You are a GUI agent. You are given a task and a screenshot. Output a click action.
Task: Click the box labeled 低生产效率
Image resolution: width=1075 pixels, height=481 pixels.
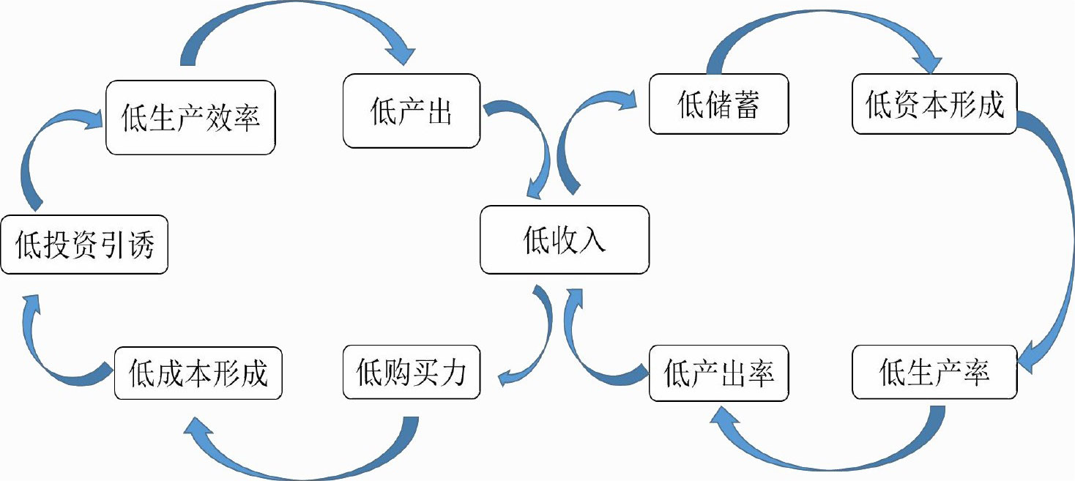(x=190, y=118)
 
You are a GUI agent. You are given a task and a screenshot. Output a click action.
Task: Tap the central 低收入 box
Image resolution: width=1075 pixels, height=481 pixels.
(x=564, y=239)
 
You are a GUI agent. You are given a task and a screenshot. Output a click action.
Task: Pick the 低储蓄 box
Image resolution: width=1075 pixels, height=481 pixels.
(x=718, y=103)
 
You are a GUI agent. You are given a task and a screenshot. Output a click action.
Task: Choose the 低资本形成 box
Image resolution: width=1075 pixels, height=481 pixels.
(x=934, y=103)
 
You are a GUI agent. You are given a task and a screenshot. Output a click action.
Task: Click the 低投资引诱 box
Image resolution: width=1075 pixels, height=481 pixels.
(x=84, y=245)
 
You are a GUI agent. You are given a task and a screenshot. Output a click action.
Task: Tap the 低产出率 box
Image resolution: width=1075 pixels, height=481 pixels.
(x=718, y=373)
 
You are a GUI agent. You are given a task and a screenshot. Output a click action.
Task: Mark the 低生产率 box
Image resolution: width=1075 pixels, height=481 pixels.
(x=934, y=373)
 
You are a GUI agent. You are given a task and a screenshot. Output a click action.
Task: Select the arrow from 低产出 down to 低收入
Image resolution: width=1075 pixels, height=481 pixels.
(x=531, y=146)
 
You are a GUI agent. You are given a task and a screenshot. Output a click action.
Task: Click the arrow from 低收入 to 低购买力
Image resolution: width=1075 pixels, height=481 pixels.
(x=538, y=344)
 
